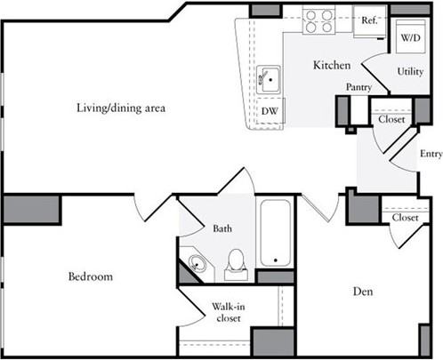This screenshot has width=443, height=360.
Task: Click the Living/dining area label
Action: (x=120, y=108)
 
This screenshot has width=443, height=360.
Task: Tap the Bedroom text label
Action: (x=91, y=277)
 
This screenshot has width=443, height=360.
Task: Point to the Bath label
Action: (x=221, y=228)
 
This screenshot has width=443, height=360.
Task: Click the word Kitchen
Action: (x=331, y=66)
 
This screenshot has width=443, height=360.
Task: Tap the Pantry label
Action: (x=358, y=86)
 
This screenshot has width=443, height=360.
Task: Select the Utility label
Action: (x=410, y=70)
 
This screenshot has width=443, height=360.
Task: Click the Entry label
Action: (x=431, y=153)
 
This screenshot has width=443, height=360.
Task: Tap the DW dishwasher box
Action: (x=269, y=111)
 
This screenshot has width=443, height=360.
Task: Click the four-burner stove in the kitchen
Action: (x=318, y=20)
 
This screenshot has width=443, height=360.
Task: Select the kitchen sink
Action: (x=268, y=80)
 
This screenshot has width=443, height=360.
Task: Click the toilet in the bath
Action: (x=236, y=260)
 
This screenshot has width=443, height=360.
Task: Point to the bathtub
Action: (x=278, y=233)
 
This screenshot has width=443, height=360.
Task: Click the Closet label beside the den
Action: (x=405, y=217)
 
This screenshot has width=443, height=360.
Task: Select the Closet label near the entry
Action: (x=392, y=118)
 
